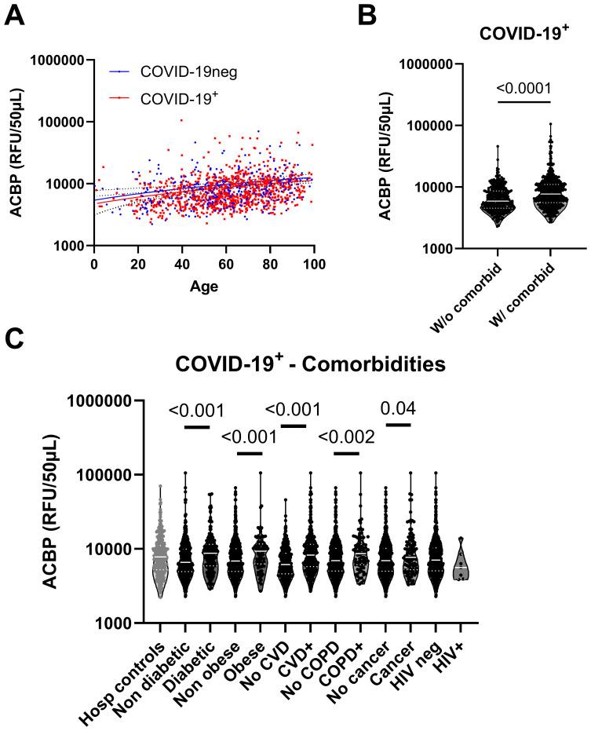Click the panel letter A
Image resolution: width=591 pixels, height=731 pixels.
click(14, 14)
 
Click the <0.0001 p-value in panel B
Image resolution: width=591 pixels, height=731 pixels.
click(524, 89)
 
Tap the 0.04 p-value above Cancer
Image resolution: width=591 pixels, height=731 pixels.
click(399, 408)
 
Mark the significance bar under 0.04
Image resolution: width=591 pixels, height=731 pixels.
click(399, 425)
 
